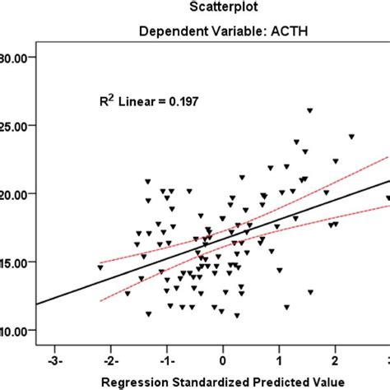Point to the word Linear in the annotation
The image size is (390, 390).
click(141, 101)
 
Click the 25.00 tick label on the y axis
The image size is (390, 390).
click(16, 126)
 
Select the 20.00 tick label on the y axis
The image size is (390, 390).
click(16, 194)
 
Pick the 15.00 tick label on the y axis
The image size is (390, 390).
click(16, 262)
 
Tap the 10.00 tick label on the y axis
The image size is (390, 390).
click(16, 331)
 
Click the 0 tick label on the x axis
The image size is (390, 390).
click(223, 360)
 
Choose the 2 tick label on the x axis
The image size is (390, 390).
click(336, 360)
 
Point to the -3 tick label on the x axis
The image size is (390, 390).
click(54, 360)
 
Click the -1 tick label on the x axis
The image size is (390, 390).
click(166, 360)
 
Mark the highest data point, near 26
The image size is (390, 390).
click(310, 110)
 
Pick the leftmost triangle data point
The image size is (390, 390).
click(100, 267)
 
